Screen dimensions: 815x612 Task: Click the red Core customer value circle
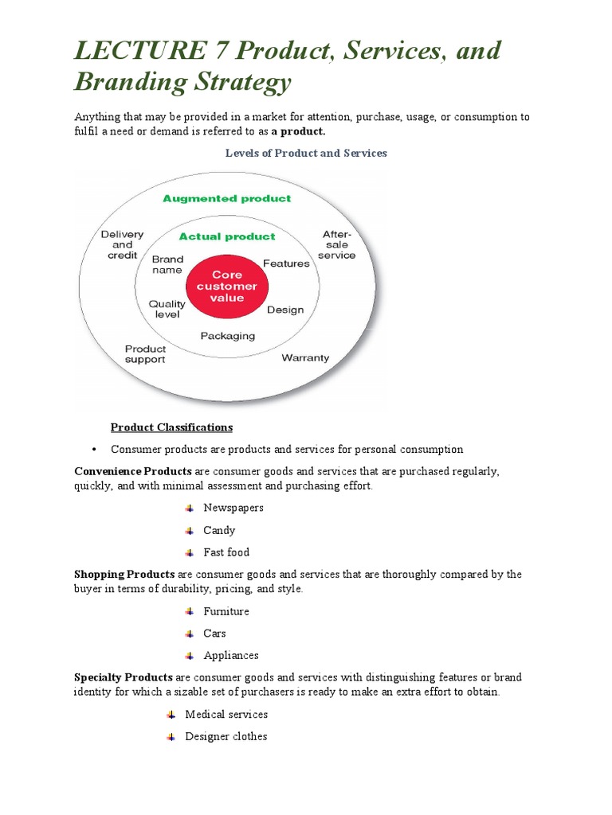point(227,287)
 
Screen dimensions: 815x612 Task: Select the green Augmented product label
point(227,198)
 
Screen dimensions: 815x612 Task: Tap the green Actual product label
point(227,236)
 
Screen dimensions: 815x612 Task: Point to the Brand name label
point(167,264)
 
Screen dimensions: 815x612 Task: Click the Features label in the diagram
point(286,263)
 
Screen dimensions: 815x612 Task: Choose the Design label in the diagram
point(284,310)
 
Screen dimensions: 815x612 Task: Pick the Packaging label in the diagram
point(227,336)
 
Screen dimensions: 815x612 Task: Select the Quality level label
point(167,309)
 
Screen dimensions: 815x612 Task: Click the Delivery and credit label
point(122,244)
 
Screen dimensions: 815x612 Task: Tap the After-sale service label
point(336,244)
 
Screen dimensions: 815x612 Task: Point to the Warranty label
point(305,358)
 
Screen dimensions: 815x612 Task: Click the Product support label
point(145,354)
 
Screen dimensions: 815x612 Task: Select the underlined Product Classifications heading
point(171,427)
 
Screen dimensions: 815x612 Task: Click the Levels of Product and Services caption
point(306,153)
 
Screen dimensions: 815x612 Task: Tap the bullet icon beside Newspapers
point(189,508)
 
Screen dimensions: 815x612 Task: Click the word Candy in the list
point(219,530)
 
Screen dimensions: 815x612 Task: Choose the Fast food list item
point(226,552)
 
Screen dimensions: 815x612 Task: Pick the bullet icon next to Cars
point(189,634)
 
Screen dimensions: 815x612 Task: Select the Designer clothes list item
point(226,736)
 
